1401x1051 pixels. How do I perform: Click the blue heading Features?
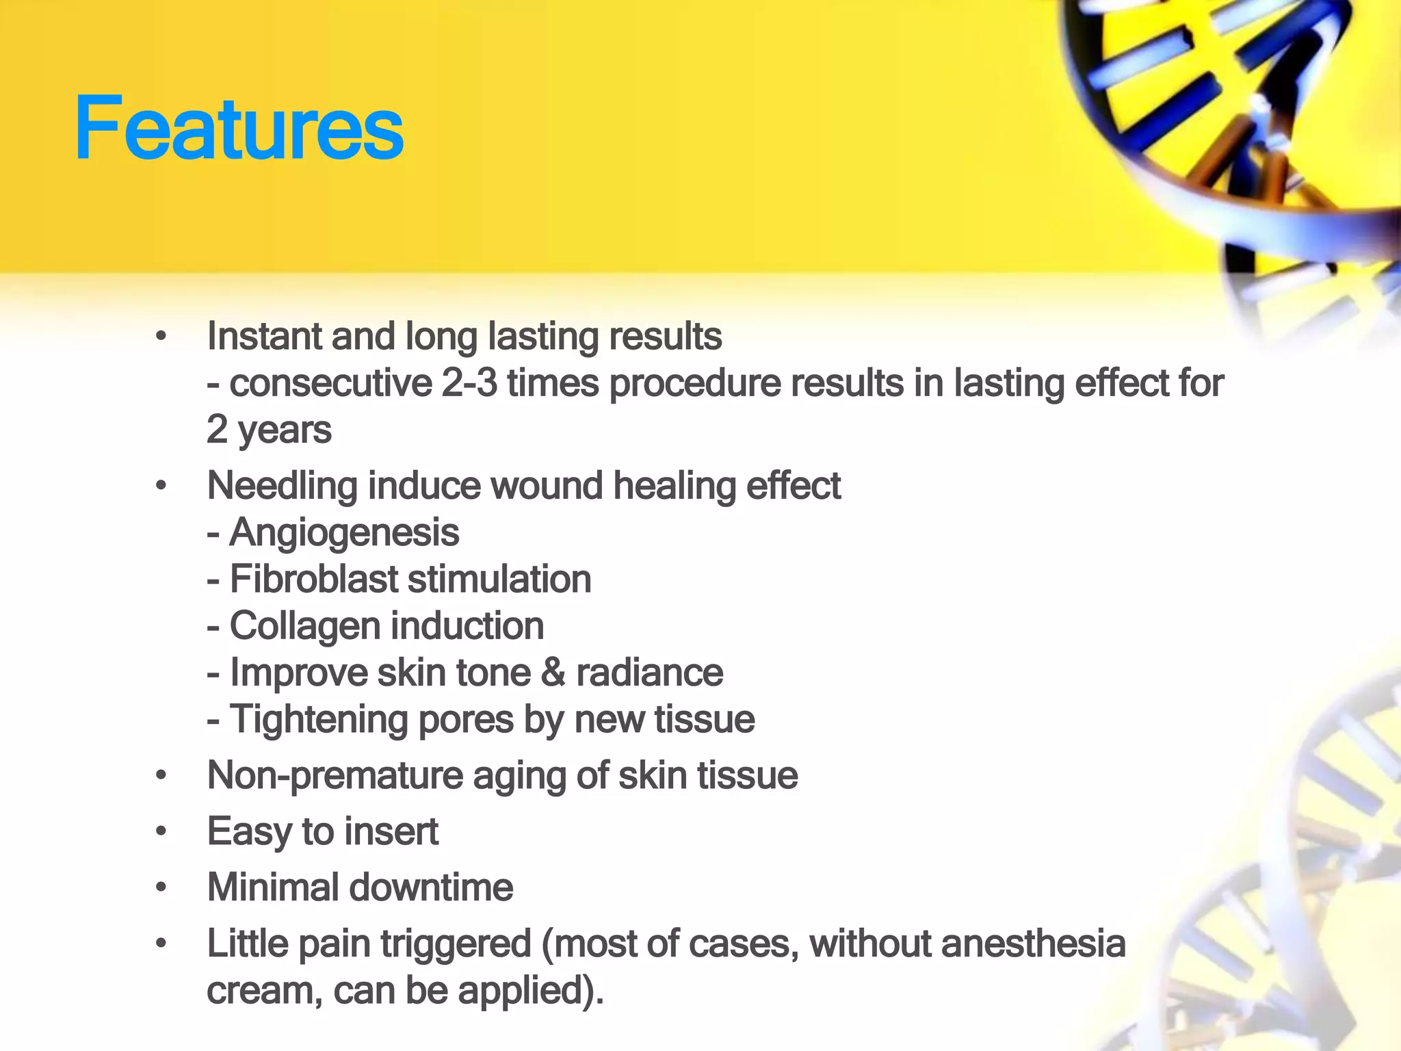(239, 129)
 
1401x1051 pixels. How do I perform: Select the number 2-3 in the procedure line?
(469, 383)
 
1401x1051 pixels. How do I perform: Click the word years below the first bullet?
(285, 431)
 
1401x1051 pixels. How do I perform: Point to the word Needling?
(281, 487)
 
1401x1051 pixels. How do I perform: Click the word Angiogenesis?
(344, 534)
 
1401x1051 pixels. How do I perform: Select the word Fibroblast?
(313, 580)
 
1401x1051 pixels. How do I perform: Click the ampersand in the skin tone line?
(553, 673)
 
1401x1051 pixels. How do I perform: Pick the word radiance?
(649, 673)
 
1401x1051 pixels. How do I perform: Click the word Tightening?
(318, 721)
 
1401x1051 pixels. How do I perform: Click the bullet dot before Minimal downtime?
(161, 888)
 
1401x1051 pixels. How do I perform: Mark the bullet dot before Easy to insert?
(161, 832)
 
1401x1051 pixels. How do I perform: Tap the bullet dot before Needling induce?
(161, 486)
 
